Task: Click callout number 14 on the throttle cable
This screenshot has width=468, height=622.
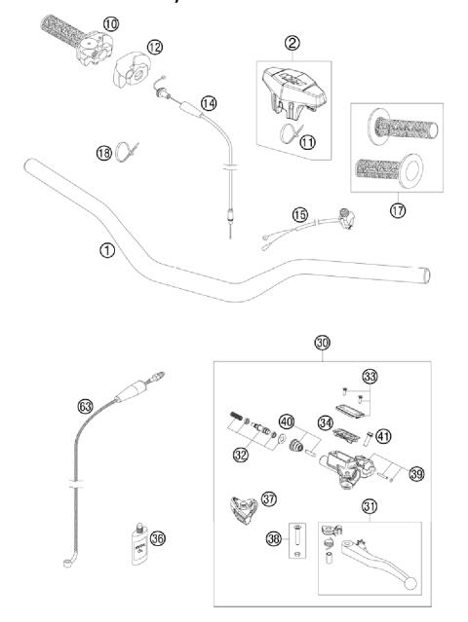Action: (x=208, y=102)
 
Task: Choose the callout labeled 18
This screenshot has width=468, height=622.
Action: (x=104, y=152)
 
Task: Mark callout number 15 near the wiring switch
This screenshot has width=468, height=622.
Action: (x=301, y=213)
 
